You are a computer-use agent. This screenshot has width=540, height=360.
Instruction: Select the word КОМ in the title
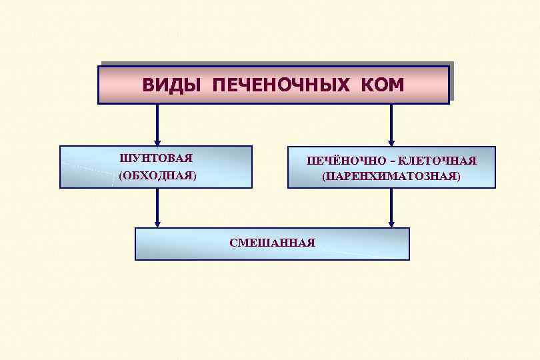click(383, 85)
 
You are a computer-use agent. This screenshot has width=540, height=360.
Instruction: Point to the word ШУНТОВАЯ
click(156, 158)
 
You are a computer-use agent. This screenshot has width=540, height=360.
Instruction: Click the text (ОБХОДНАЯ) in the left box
click(158, 175)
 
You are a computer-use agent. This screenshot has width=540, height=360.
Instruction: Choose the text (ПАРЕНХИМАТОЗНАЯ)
click(391, 177)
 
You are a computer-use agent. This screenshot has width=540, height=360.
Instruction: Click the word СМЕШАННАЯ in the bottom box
click(272, 243)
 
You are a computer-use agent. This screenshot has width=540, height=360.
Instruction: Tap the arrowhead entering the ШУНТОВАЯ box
click(157, 141)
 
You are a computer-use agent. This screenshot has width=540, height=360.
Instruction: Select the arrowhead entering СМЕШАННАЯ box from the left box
click(157, 223)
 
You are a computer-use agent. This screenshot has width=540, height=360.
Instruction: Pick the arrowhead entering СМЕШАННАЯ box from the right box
click(391, 223)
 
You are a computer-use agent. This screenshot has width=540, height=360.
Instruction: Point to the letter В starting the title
click(147, 85)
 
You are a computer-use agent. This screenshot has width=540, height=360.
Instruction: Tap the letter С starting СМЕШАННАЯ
click(233, 243)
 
